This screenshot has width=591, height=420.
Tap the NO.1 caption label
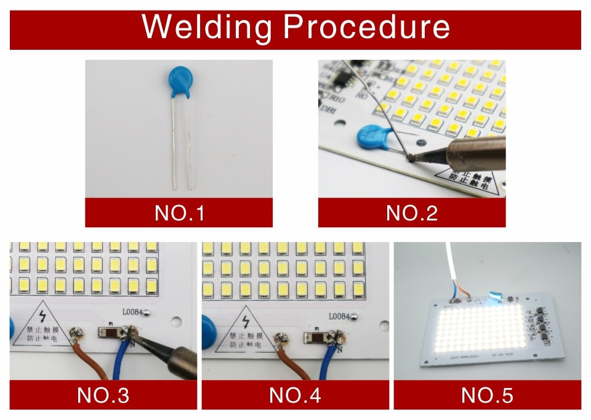point(179,213)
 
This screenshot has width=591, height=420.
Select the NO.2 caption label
point(411,213)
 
